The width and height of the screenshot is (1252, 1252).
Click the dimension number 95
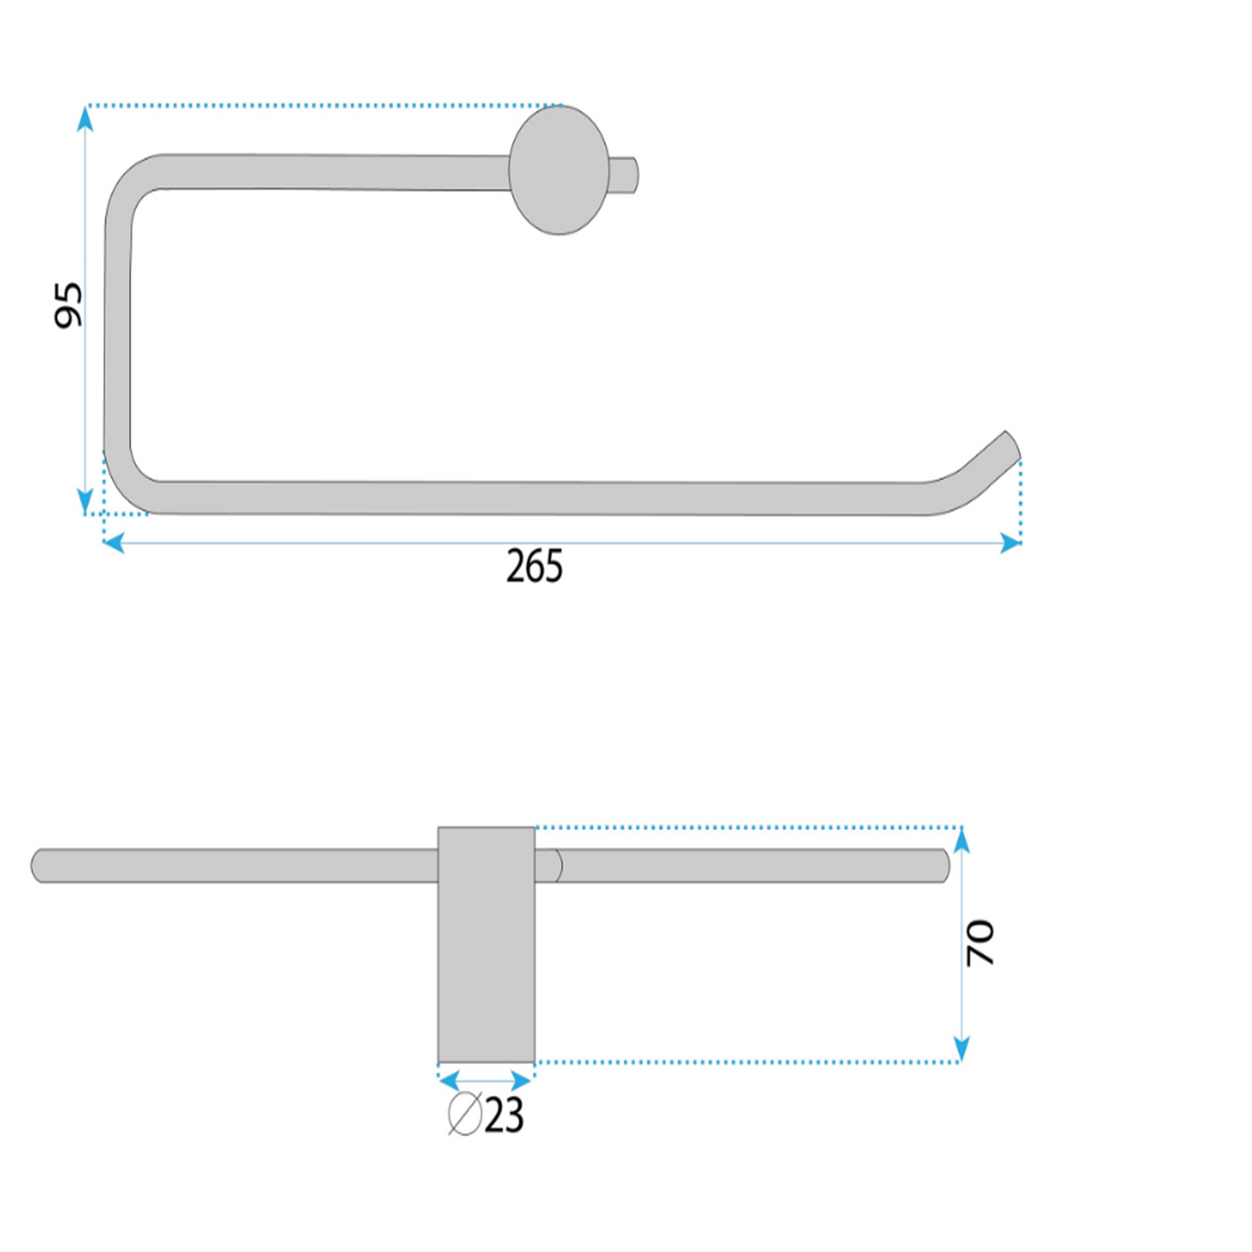pyautogui.click(x=68, y=304)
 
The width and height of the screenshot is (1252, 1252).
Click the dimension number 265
pyautogui.click(x=534, y=567)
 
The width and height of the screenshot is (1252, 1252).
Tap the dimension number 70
pyautogui.click(x=980, y=943)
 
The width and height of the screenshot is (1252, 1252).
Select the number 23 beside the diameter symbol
pyautogui.click(x=504, y=1117)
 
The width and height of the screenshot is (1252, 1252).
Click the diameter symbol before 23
pyautogui.click(x=465, y=1114)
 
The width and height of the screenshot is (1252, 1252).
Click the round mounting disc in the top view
pyautogui.click(x=560, y=170)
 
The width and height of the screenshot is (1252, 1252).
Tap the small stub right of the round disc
pyautogui.click(x=625, y=174)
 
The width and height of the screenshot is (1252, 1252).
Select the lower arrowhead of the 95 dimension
pyautogui.click(x=85, y=501)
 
